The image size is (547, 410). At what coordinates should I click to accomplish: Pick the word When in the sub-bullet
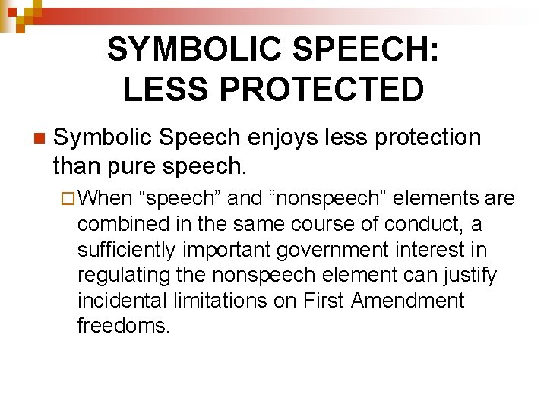[106, 199]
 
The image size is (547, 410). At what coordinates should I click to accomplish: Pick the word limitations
[226, 300]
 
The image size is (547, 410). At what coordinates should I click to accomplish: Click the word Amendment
[407, 300]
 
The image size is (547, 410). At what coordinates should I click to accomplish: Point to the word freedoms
[122, 326]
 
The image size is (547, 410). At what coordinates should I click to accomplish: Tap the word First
[323, 300]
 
